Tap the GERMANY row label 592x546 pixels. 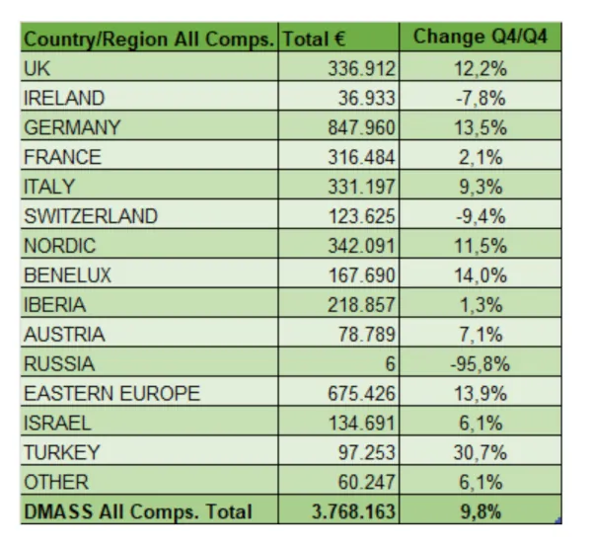click(x=72, y=127)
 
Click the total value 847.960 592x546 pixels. click(x=362, y=127)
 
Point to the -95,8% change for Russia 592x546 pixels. click(x=479, y=363)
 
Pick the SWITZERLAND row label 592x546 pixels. click(x=91, y=215)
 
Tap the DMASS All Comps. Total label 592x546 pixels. click(x=138, y=511)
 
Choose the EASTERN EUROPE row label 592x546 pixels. click(x=111, y=393)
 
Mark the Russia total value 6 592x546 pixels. click(x=391, y=363)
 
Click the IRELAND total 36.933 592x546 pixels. click(x=366, y=98)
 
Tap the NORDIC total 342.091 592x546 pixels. click(x=362, y=245)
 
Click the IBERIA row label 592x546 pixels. click(x=54, y=304)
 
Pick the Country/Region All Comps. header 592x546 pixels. click(x=148, y=39)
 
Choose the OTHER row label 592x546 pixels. click(x=55, y=482)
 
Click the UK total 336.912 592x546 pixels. click(x=362, y=68)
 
